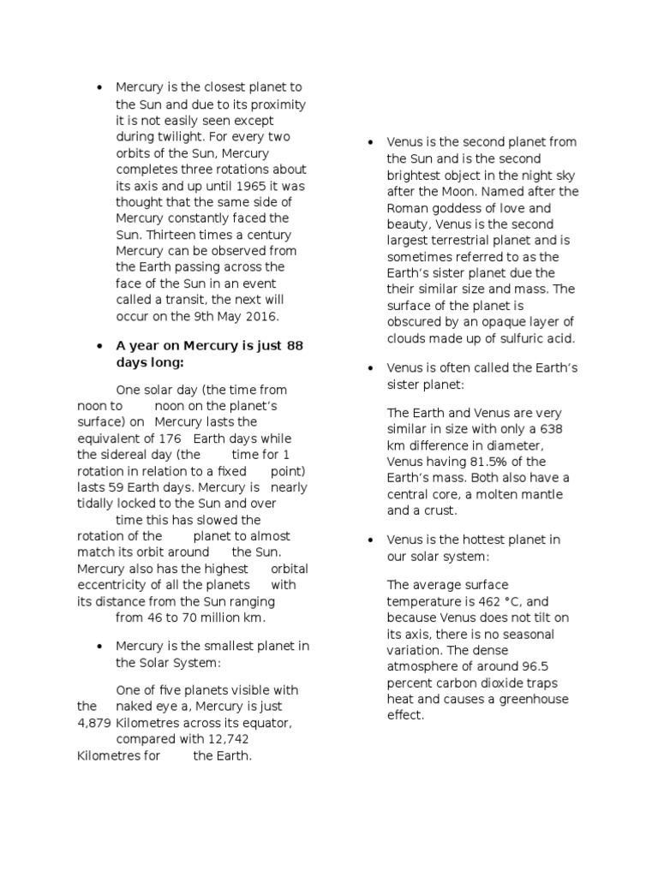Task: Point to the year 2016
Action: click(x=262, y=317)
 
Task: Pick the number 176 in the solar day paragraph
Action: click(x=182, y=438)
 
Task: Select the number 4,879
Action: click(x=94, y=724)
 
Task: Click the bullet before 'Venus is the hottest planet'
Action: click(x=370, y=540)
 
